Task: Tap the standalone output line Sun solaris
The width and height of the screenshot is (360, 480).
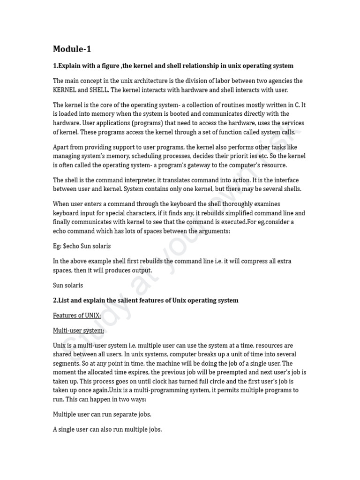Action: pos(68,285)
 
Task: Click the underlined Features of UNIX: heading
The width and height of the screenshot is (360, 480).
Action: pos(77,315)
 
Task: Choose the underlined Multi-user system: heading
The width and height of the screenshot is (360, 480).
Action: pos(79,330)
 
